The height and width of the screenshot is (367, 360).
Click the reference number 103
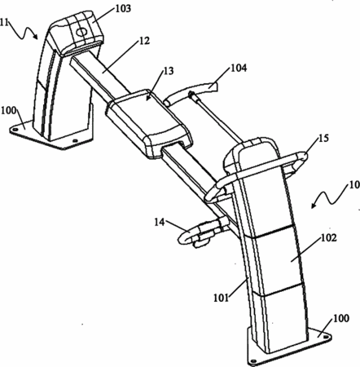[x=123, y=8]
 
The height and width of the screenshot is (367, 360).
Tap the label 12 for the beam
[x=145, y=41]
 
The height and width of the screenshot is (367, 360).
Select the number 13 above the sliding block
[x=169, y=71]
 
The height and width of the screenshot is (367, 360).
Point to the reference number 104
[x=239, y=68]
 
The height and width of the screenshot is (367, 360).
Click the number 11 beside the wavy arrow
[x=4, y=22]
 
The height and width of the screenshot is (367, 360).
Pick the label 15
[x=323, y=138]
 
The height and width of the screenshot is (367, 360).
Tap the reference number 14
[x=160, y=222]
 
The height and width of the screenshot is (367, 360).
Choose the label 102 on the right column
[x=329, y=238]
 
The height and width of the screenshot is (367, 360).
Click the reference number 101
[x=222, y=298]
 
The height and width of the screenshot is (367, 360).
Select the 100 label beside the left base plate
[x=9, y=111]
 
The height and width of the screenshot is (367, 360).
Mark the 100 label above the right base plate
[x=341, y=318]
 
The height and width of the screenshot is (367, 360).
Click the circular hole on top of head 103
[x=81, y=33]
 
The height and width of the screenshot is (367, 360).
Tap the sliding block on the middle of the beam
[x=149, y=123]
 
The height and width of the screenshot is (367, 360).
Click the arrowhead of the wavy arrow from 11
[x=36, y=36]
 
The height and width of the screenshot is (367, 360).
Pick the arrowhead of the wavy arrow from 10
[x=314, y=206]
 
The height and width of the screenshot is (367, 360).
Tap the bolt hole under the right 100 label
[x=325, y=337]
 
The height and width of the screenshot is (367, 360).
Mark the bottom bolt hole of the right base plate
[x=253, y=361]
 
